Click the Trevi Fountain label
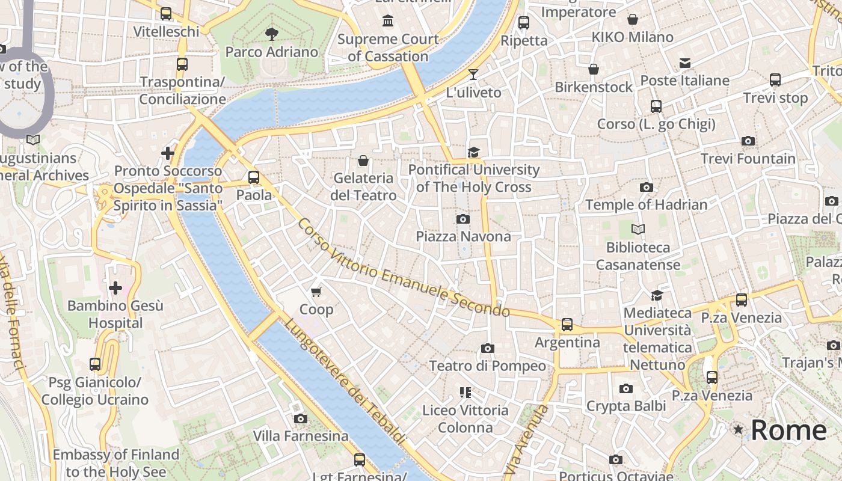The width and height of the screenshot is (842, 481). [x=748, y=159]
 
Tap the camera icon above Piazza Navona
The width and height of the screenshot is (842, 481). [x=462, y=219]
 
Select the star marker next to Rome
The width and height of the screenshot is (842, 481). [x=738, y=430]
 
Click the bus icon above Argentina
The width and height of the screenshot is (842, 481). [x=567, y=325]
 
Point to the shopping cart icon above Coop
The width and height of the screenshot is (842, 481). [x=316, y=292]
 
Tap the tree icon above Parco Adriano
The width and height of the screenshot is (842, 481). [x=271, y=34]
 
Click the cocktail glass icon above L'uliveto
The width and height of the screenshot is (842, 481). [x=473, y=75]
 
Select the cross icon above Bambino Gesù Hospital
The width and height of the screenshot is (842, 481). [x=115, y=288]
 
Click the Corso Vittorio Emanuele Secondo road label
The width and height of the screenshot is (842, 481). [x=404, y=268]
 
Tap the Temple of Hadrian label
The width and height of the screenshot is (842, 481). [x=646, y=204]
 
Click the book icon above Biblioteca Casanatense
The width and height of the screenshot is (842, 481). [x=638, y=229]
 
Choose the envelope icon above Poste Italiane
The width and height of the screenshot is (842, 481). [x=684, y=63]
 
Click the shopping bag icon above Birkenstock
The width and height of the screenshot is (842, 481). [x=594, y=69]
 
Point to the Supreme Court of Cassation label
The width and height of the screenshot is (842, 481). [x=388, y=47]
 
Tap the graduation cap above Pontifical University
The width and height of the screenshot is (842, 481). [x=474, y=152]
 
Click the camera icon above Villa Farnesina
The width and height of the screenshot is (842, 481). [x=300, y=418]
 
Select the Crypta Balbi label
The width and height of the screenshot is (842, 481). [x=625, y=406]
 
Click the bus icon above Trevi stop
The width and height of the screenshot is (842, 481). [x=775, y=79]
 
